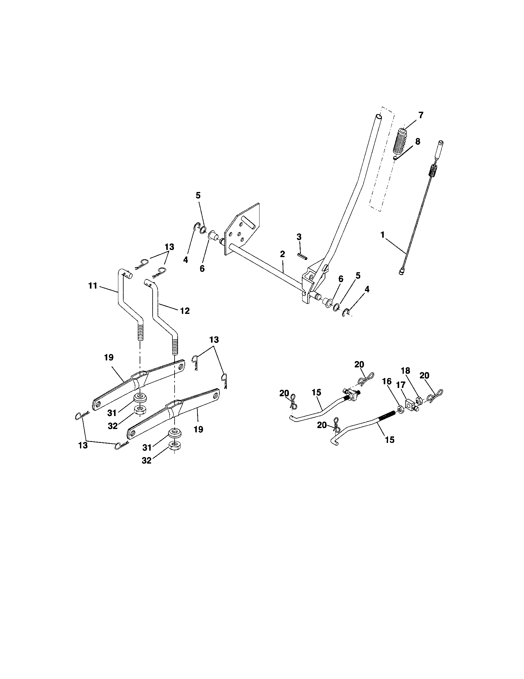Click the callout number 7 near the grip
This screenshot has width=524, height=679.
point(420,115)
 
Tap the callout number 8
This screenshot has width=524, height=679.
point(418,142)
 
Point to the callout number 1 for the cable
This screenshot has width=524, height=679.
point(382,235)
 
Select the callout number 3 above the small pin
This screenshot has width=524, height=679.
point(299,237)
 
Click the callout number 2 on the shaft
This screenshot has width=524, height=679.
point(282,254)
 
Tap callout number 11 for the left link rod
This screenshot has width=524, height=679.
point(93,285)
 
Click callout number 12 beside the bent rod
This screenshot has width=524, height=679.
point(185,310)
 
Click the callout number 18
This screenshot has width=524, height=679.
point(405,371)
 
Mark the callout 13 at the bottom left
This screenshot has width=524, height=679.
point(83,445)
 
